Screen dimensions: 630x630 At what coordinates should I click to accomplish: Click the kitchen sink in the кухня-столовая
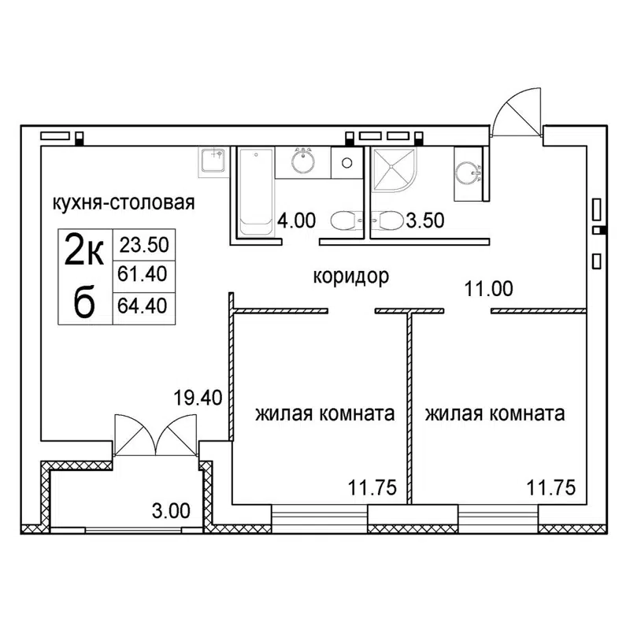(x=213, y=161)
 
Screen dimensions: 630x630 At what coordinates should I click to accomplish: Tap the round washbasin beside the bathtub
(x=302, y=162)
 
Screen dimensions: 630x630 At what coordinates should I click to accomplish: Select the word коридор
(x=352, y=276)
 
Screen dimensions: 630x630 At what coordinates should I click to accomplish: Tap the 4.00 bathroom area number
(x=295, y=221)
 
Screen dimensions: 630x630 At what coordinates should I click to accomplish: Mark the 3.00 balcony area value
(x=170, y=510)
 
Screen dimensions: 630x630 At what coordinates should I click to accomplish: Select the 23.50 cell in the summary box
(x=144, y=245)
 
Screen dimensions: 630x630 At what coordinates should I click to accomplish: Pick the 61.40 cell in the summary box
(x=144, y=275)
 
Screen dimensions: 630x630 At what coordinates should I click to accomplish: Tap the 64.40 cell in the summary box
(x=144, y=305)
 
